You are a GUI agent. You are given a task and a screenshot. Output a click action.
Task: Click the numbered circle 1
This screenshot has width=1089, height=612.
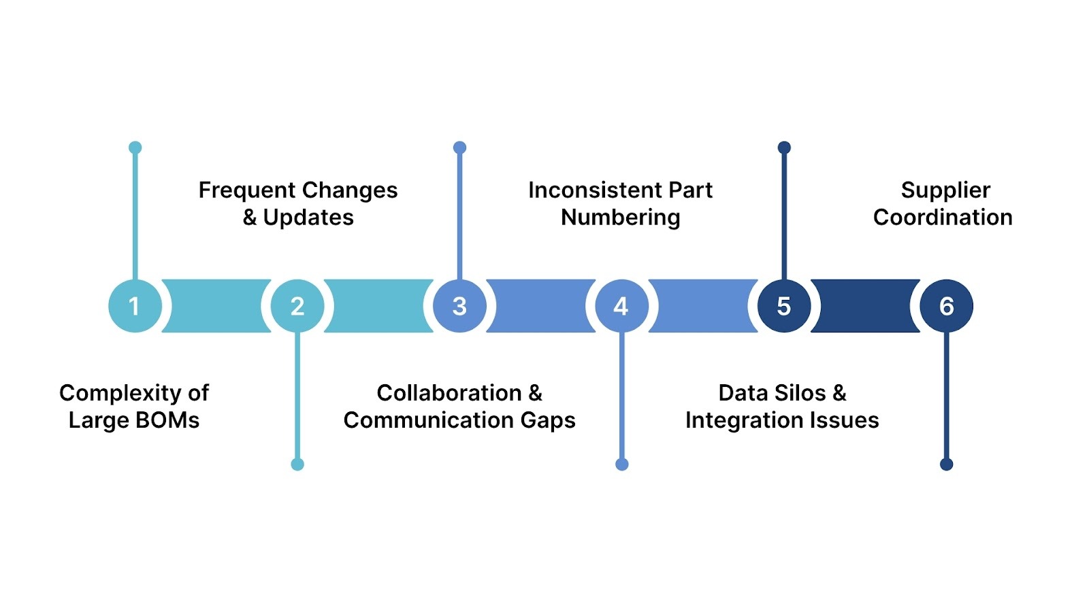[x=135, y=306]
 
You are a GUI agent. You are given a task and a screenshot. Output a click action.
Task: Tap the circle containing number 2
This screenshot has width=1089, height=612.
[x=297, y=306]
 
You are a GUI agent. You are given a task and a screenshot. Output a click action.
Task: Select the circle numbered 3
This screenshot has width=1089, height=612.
[x=459, y=306]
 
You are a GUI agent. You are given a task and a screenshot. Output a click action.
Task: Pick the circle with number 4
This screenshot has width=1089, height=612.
[x=621, y=306]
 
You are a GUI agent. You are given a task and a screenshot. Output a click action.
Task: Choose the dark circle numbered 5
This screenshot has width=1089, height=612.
[x=784, y=306]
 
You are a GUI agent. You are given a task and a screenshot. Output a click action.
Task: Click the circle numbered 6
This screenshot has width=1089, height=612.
[x=946, y=306]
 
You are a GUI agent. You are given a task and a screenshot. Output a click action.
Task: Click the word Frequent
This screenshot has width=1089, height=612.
[x=246, y=190]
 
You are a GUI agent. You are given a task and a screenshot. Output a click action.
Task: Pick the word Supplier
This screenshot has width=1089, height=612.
[x=945, y=190]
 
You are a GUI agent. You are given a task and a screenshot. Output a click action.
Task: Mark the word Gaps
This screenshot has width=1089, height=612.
[x=548, y=420]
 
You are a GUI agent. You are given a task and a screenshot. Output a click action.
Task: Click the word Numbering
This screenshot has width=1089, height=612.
[x=620, y=218]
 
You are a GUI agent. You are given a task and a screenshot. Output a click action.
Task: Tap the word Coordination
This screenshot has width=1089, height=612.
[x=943, y=218]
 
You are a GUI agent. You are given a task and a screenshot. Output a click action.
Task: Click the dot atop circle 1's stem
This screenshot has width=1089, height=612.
[x=135, y=148]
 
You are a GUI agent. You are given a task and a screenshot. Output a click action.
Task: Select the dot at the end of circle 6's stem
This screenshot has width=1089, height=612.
[x=946, y=464]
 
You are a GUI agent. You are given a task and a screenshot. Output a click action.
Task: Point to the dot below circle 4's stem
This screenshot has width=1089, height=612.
[x=621, y=464]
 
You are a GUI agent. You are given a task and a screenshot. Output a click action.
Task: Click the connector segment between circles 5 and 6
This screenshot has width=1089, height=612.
[x=865, y=306]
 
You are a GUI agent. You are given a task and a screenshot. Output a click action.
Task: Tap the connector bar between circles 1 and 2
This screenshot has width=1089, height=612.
[x=216, y=306]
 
